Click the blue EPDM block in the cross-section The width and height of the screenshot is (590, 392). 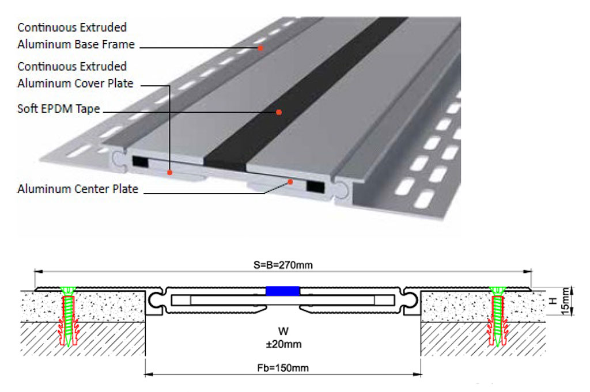coord(283,291)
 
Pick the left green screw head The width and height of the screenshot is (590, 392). coord(68,290)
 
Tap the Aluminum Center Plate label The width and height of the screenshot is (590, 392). coord(78,189)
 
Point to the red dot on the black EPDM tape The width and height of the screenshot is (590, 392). coord(278,112)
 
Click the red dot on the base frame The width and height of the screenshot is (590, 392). coord(260,47)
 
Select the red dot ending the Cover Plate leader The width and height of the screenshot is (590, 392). coord(169,172)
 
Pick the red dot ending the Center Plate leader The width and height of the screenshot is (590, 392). coord(290,182)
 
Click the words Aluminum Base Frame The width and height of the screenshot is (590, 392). coord(76,44)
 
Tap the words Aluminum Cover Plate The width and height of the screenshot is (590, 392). coord(75,83)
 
